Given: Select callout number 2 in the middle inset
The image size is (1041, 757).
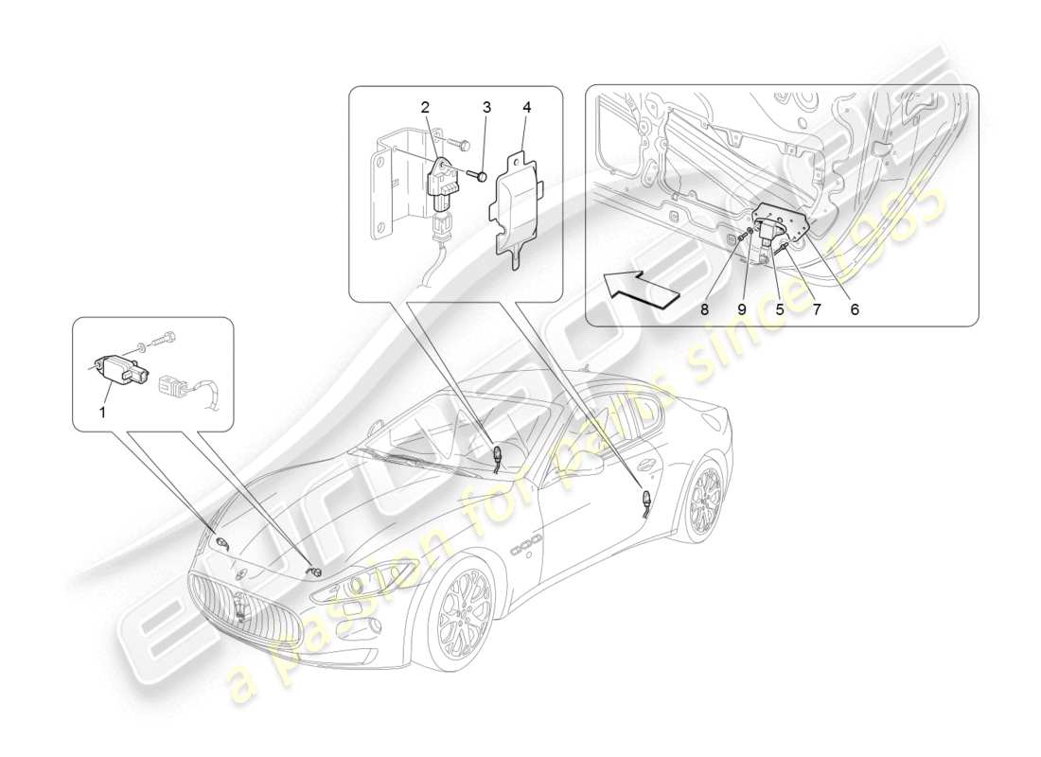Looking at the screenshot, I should click(x=426, y=108).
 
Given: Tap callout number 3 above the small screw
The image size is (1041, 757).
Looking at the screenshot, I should click(x=485, y=108).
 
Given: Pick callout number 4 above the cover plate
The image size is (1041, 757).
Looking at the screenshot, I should click(x=525, y=108).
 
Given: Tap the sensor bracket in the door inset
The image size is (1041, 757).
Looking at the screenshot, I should click(x=780, y=220).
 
